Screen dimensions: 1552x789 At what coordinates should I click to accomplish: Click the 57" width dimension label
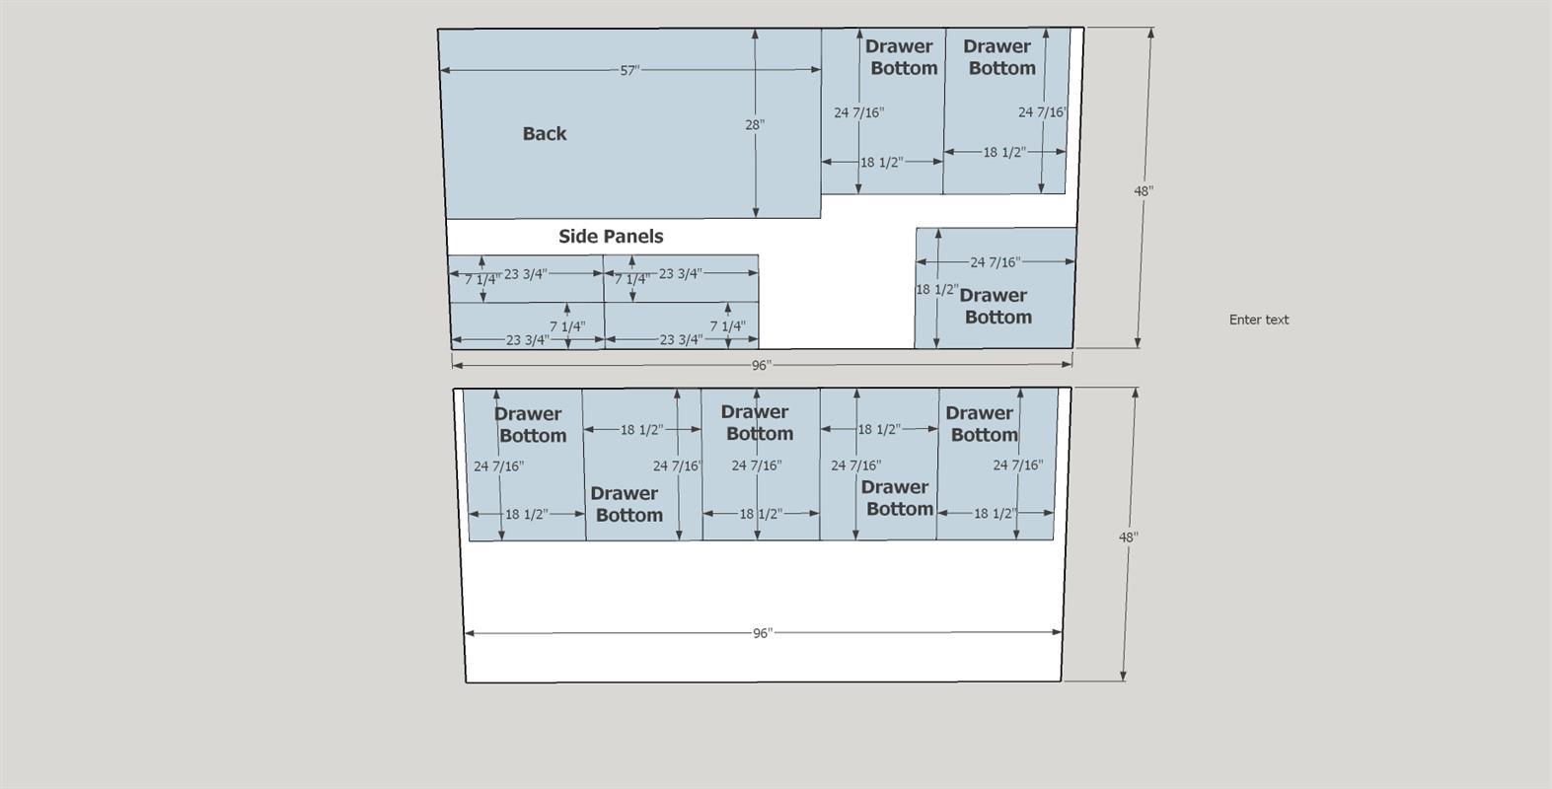click(629, 71)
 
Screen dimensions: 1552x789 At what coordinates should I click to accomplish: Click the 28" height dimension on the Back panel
click(755, 124)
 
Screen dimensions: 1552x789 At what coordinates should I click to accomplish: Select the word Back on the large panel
click(545, 134)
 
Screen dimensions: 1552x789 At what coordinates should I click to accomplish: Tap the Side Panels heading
click(611, 237)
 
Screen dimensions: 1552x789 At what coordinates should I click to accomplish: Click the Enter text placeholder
click(1259, 320)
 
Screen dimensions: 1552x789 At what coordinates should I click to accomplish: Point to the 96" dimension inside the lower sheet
click(762, 633)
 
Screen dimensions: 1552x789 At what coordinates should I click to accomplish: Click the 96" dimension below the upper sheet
click(761, 365)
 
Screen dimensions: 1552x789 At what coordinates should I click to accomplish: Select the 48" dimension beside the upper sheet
click(1144, 190)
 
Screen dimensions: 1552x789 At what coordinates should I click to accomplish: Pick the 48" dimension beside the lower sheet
click(1128, 537)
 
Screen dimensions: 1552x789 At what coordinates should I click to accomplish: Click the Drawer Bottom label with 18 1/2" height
click(996, 306)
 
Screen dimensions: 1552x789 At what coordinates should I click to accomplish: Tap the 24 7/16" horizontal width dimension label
click(995, 261)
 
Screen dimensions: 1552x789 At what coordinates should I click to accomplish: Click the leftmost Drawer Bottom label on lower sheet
click(530, 425)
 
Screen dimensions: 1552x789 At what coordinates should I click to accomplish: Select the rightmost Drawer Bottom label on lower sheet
click(982, 424)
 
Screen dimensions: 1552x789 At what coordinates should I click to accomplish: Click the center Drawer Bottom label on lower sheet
click(757, 422)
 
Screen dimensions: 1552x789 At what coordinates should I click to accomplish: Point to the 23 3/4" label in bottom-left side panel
click(527, 340)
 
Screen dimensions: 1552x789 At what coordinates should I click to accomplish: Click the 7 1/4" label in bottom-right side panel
click(727, 325)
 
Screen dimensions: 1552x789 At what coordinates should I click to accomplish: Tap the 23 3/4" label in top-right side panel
click(681, 273)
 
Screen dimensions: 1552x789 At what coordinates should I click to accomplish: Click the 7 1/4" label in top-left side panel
click(482, 279)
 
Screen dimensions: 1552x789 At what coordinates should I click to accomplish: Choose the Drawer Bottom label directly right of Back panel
click(902, 57)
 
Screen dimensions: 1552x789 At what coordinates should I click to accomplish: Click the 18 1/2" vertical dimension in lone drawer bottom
click(936, 290)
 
